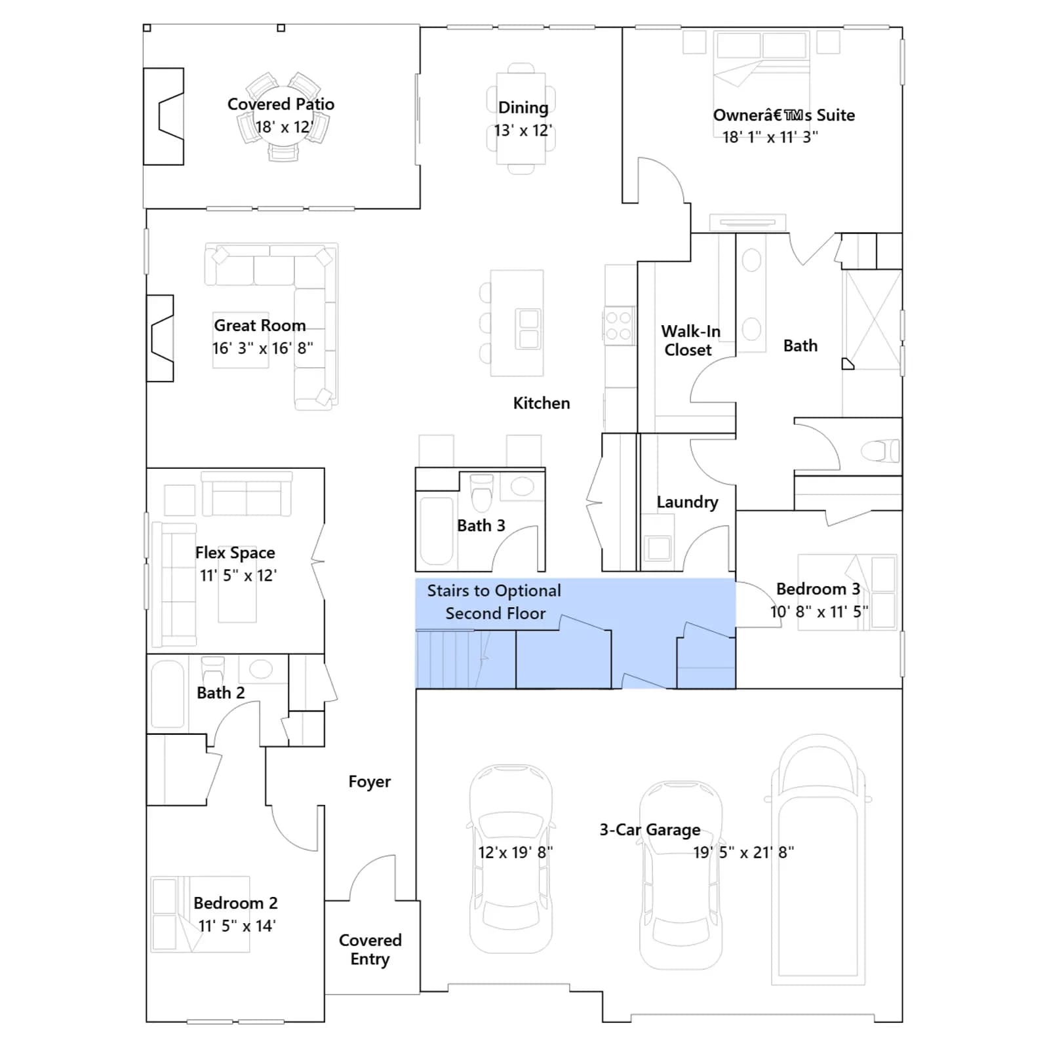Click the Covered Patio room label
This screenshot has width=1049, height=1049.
[x=281, y=104]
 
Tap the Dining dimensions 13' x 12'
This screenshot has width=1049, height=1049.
[x=523, y=130]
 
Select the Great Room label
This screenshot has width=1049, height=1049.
[x=260, y=325]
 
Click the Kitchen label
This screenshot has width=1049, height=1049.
[x=542, y=403]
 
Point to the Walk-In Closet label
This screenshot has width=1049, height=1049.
[x=690, y=340]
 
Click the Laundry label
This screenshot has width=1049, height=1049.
[x=687, y=502]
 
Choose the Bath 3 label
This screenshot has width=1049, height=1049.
[x=481, y=526]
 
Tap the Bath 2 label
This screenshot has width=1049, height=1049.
[x=221, y=693]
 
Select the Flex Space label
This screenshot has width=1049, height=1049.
[x=235, y=553]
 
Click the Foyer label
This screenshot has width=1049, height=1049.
[x=369, y=782]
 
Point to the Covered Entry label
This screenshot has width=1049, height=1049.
[x=370, y=949]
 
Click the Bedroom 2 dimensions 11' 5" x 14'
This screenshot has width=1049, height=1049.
[x=237, y=926]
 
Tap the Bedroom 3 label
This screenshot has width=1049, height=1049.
[x=818, y=589]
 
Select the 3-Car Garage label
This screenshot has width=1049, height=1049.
[x=650, y=830]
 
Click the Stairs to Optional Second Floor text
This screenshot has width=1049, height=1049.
[x=494, y=602]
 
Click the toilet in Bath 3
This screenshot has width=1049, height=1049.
[x=482, y=492]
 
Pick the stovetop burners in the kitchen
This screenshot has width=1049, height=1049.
[x=618, y=326]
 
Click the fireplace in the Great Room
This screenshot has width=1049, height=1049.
[x=160, y=338]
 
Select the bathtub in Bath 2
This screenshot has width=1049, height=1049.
[x=167, y=694]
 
